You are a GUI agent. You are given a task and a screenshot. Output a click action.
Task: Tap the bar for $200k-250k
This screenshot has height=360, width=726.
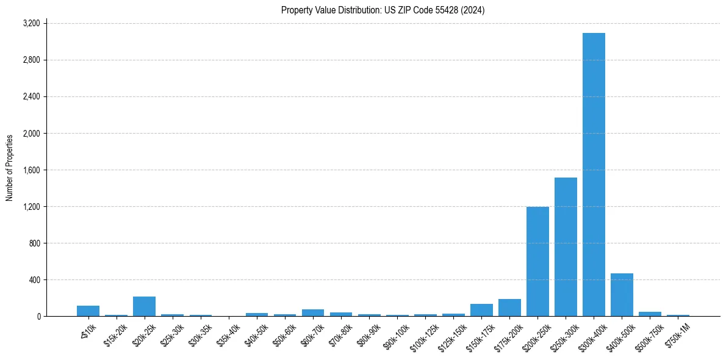click(x=537, y=262)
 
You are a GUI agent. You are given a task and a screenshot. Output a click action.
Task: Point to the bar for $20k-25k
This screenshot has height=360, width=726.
click(x=144, y=306)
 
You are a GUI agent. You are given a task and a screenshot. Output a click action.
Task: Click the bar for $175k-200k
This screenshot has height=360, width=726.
click(x=509, y=308)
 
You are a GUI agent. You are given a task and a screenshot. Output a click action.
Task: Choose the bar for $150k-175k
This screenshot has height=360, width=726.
click(x=481, y=310)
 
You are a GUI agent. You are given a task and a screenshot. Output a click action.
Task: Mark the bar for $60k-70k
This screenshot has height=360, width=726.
click(x=313, y=312)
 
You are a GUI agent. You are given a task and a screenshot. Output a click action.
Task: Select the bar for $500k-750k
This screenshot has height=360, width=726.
click(x=650, y=314)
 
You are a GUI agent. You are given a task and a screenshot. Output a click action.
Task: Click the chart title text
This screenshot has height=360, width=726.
click(x=383, y=10)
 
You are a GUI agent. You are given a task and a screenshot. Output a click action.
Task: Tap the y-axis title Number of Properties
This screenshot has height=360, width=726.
click(x=10, y=168)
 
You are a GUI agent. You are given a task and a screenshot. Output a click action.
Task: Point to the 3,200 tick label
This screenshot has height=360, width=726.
click(x=31, y=23)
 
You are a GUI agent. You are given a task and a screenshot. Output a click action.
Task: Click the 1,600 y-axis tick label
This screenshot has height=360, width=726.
click(x=31, y=170)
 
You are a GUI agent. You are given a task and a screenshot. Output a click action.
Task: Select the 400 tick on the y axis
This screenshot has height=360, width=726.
click(x=35, y=279)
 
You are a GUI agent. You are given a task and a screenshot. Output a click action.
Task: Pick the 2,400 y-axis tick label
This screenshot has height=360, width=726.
click(x=31, y=96)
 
